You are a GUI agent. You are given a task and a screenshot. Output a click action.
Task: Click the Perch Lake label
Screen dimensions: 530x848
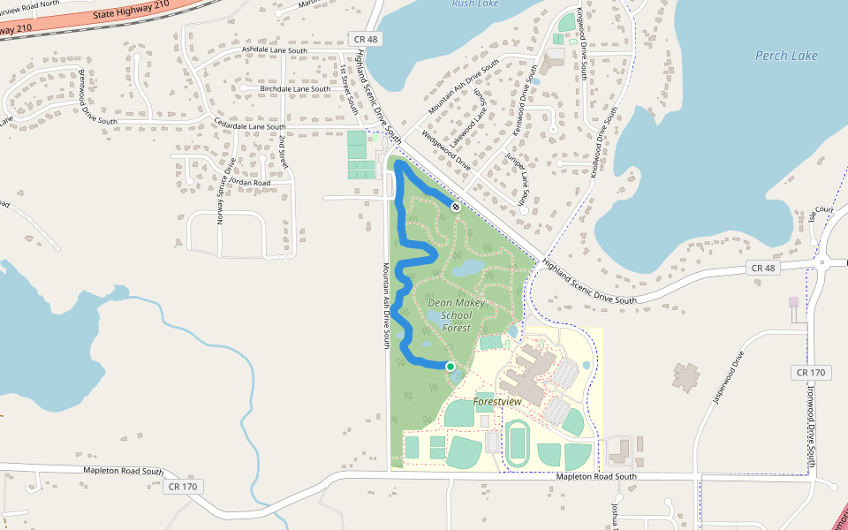(786, 56)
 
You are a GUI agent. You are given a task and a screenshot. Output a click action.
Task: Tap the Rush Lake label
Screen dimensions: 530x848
(475, 4)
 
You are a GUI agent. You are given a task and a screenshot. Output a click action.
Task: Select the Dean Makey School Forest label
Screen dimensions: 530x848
(457, 315)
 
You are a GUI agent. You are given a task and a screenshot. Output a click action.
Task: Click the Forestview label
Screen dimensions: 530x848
(497, 401)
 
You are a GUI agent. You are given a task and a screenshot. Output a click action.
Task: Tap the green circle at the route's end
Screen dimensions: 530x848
(450, 366)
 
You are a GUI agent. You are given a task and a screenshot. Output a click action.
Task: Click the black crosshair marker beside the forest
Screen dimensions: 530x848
(456, 207)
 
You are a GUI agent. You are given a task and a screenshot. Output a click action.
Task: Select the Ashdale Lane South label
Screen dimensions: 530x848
(275, 51)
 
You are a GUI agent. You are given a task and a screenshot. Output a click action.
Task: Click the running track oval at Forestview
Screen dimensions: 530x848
(517, 441)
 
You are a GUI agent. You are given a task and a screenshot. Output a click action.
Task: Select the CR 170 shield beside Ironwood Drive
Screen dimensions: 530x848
(810, 373)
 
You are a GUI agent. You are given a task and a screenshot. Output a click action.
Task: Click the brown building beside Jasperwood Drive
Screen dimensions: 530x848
(685, 376)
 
